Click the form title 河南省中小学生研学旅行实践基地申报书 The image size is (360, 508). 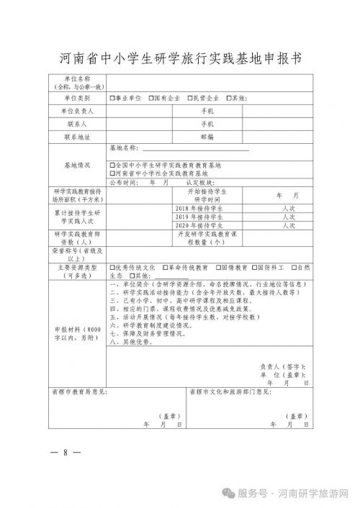[x=180, y=57]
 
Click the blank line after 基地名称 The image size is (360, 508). [x=194, y=149]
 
